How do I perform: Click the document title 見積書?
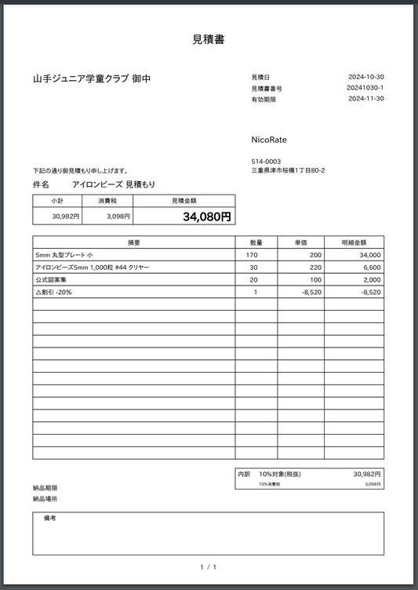[209, 39]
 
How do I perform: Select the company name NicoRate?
[269, 140]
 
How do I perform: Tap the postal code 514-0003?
[266, 162]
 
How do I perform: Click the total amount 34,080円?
[206, 217]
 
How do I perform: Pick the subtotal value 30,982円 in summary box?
[66, 217]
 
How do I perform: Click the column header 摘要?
[133, 242]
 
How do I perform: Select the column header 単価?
[300, 242]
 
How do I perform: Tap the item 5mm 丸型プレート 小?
[64, 255]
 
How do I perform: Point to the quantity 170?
[252, 255]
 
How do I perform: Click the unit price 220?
[315, 268]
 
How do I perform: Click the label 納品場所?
[45, 499]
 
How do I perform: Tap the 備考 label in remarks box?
[49, 519]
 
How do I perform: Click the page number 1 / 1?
[209, 566]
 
